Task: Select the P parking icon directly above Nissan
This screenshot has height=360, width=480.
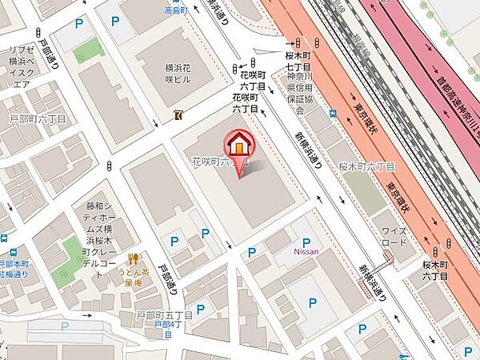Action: point(305,243)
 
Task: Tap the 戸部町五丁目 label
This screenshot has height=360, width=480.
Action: point(163,316)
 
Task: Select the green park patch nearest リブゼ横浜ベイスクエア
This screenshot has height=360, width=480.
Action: point(90,52)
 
